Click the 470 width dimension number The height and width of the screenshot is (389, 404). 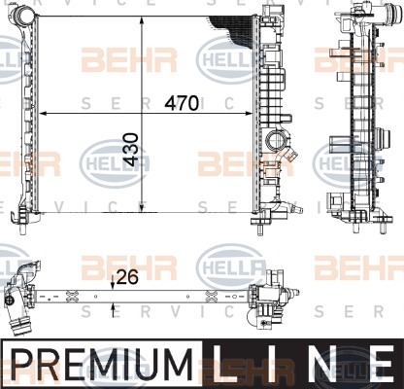[182, 103]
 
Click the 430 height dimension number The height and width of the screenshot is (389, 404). [131, 150]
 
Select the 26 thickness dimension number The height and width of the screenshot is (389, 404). [127, 277]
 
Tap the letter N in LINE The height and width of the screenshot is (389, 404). [327, 365]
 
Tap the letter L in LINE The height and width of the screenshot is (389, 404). [225, 365]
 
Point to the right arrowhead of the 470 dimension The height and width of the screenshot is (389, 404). [248, 114]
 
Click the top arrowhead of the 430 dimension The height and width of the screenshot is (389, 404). [142, 21]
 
